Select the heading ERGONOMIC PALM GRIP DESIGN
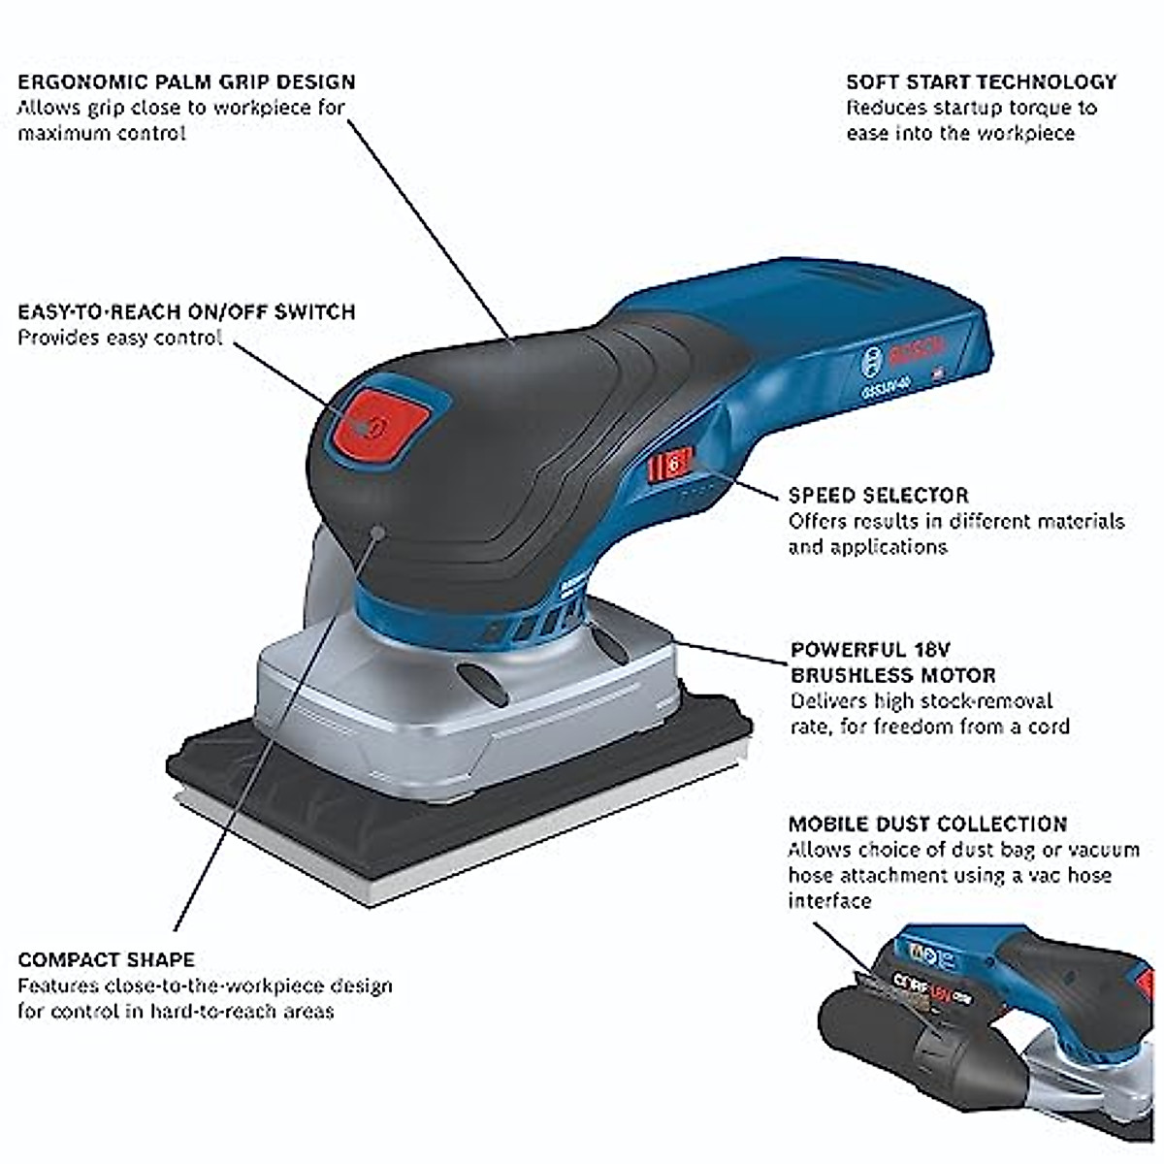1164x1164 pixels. click(x=186, y=82)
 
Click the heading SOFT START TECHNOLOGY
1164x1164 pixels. click(x=981, y=82)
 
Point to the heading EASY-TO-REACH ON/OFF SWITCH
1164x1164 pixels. click(x=186, y=312)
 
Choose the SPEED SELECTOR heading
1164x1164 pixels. click(x=878, y=496)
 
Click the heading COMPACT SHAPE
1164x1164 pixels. click(x=106, y=960)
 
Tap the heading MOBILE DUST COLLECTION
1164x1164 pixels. click(x=926, y=824)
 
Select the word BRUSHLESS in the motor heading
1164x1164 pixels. click(x=855, y=675)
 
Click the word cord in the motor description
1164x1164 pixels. click(x=1048, y=727)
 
